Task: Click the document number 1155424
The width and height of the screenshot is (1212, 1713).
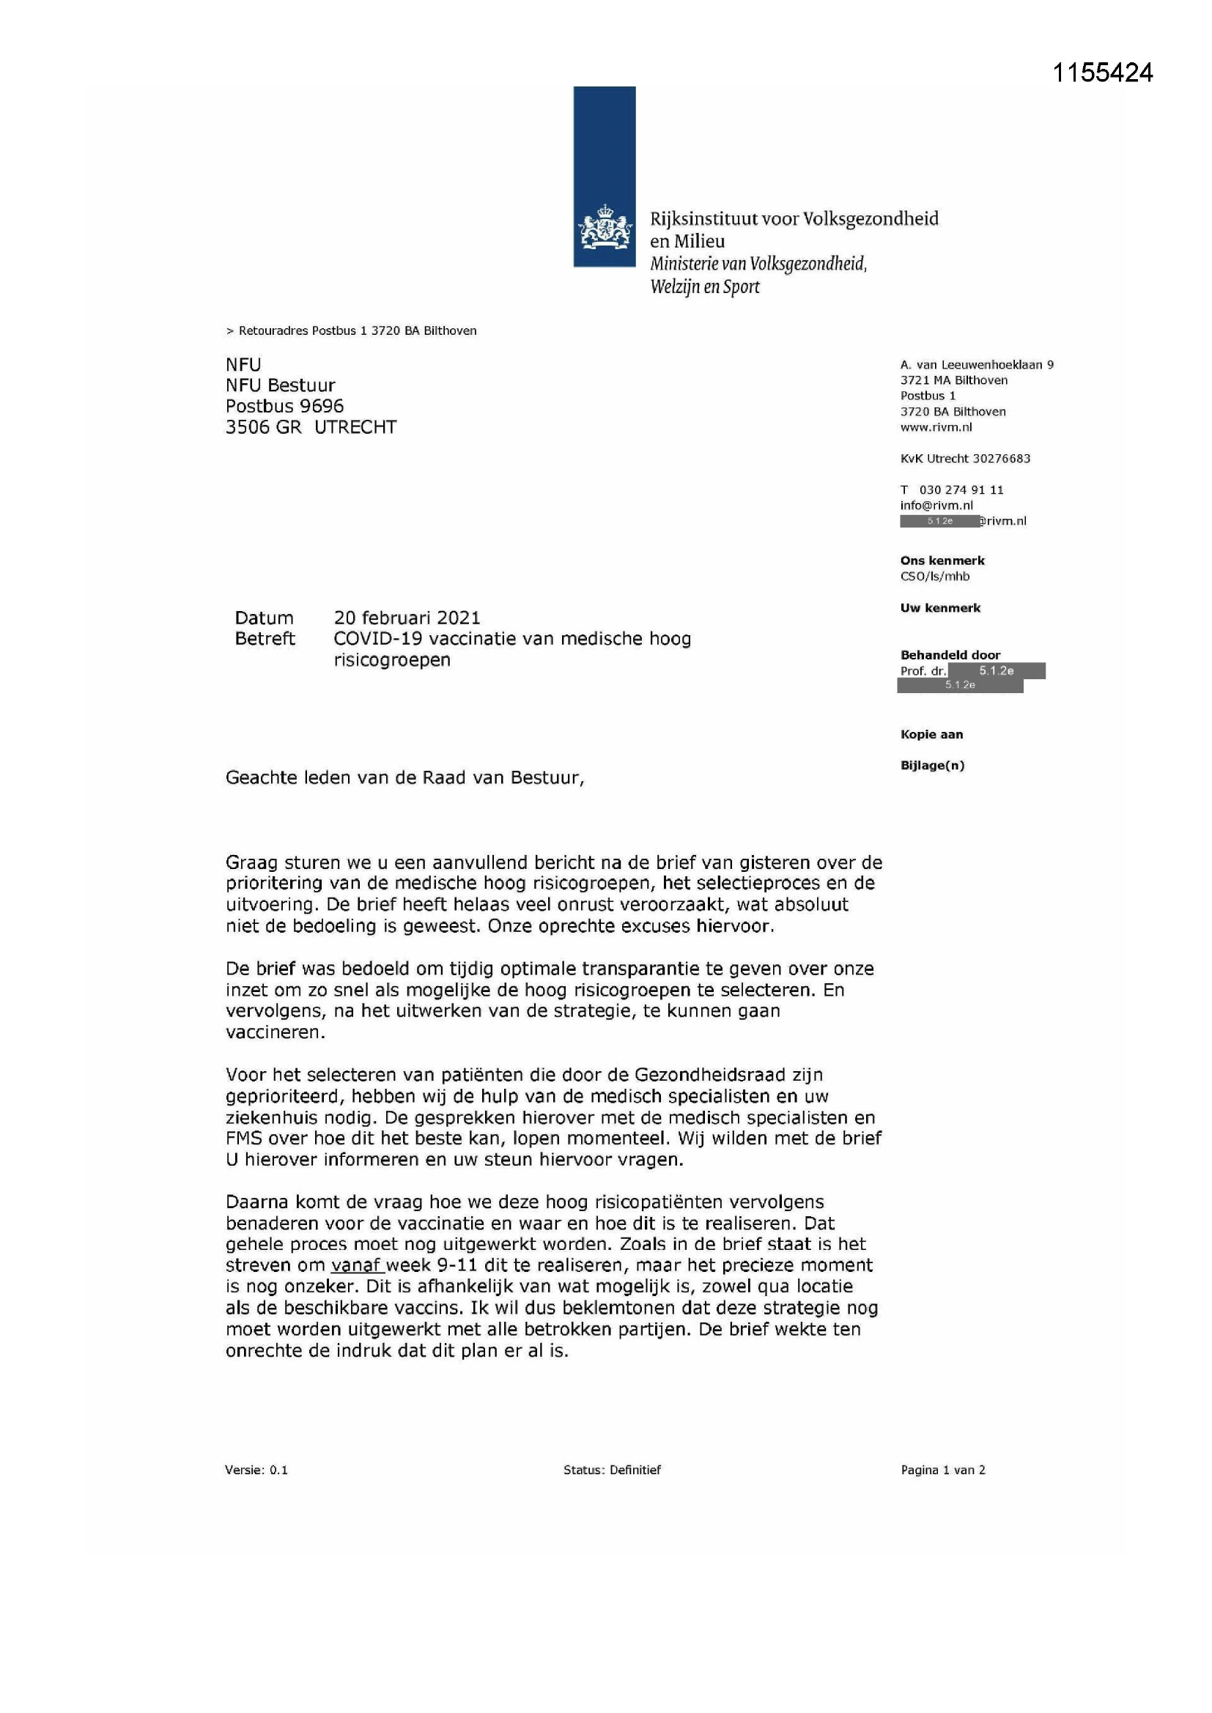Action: tap(1102, 73)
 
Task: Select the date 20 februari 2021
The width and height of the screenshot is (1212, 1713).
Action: tap(407, 618)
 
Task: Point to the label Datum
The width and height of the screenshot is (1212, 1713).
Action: tap(265, 618)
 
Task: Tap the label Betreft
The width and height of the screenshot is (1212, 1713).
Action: tap(265, 639)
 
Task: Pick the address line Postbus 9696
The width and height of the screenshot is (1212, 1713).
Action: tap(284, 406)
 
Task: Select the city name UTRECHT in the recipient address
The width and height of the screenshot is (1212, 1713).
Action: tap(355, 427)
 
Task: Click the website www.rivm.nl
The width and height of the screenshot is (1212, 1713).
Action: tap(936, 427)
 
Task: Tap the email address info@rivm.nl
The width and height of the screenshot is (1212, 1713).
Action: tap(936, 505)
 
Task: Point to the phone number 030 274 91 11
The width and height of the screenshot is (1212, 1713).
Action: tap(961, 489)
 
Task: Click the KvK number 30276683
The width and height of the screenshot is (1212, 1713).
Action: tap(1001, 458)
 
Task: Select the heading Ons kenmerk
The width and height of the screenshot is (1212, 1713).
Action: tap(942, 560)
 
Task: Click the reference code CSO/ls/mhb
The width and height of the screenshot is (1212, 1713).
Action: tap(934, 576)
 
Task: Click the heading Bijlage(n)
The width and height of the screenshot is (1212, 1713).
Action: tap(932, 766)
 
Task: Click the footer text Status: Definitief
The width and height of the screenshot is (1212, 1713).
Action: tap(612, 1470)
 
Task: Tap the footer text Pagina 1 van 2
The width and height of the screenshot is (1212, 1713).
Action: tap(942, 1470)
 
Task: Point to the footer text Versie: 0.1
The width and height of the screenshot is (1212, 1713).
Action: tap(256, 1470)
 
